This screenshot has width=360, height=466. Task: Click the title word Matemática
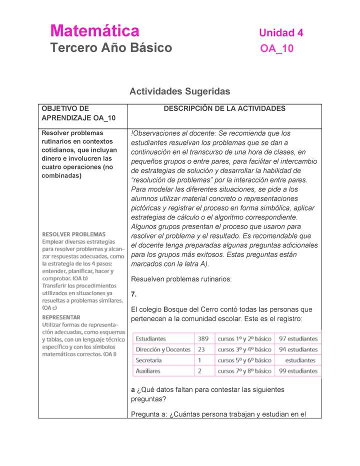[95, 31]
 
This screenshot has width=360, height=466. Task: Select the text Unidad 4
[281, 33]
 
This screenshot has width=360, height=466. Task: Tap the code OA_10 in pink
[276, 48]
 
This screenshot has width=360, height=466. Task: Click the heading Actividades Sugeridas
[179, 91]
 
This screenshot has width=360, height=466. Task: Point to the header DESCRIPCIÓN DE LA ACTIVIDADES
[224, 108]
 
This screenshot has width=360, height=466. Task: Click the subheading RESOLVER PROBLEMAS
[73, 234]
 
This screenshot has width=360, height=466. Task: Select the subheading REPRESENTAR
[61, 317]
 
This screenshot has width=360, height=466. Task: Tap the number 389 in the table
[203, 338]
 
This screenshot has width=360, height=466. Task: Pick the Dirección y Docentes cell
[163, 349]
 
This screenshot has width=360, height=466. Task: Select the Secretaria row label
[148, 360]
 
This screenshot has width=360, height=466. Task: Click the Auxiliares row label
[148, 371]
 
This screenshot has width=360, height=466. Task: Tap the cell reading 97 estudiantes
[298, 338]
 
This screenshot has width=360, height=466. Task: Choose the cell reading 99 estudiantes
[298, 371]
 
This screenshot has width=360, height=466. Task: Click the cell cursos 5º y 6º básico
[245, 360]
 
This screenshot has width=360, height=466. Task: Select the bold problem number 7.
[133, 293]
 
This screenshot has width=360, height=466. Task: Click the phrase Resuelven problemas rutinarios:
[181, 279]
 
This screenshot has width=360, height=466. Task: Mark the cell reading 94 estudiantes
[298, 349]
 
